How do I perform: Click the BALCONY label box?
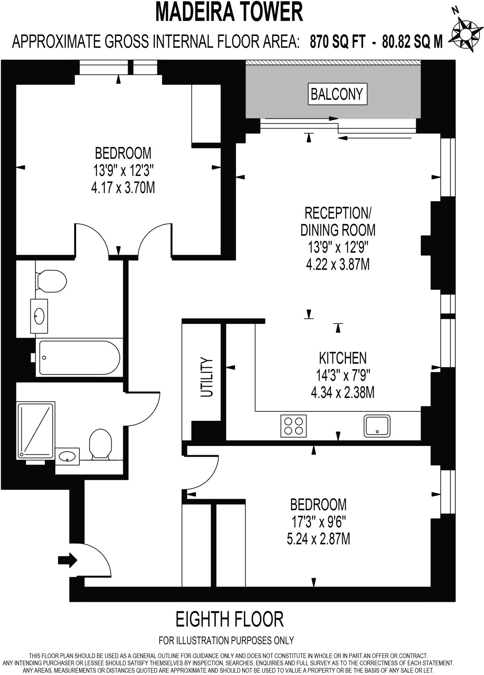pyautogui.click(x=337, y=94)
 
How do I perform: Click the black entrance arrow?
pyautogui.click(x=68, y=560)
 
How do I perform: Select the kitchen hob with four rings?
pyautogui.click(x=293, y=426)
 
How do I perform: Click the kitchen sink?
pyautogui.click(x=377, y=426)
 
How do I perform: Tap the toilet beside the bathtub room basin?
pyautogui.click(x=51, y=281)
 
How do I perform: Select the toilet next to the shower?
pyautogui.click(x=100, y=443)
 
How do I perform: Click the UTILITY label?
pyautogui.click(x=207, y=377)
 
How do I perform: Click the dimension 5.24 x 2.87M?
pyautogui.click(x=318, y=540)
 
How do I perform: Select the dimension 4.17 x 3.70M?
pyautogui.click(x=123, y=188)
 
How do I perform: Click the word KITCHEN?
pyautogui.click(x=343, y=358)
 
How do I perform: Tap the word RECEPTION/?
pyautogui.click(x=338, y=213)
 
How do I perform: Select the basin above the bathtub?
pyautogui.click(x=39, y=316)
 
